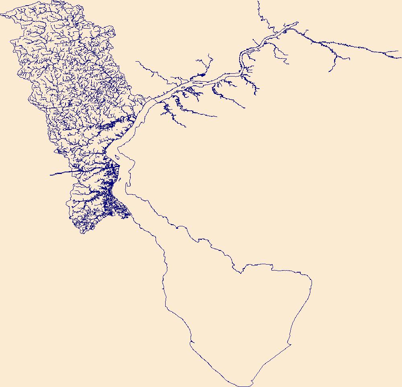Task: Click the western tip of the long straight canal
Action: coord(50,175)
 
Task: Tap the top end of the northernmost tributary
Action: coord(258,2)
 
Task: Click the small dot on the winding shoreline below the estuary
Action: coord(177,228)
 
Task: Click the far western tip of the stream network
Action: coord(1,15)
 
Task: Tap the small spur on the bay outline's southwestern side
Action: coord(192,343)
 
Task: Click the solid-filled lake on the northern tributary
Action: coord(202,75)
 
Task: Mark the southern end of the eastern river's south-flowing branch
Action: coord(329,71)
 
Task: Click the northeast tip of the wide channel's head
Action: coord(298,23)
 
